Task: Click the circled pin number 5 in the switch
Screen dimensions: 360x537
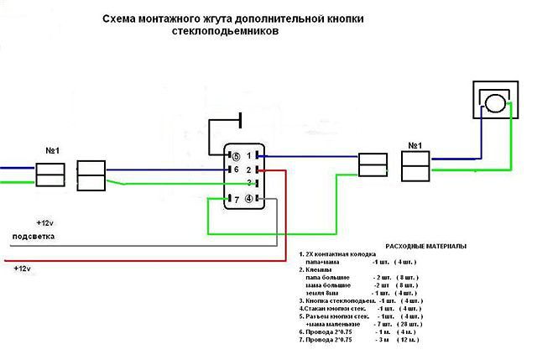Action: (x=236, y=156)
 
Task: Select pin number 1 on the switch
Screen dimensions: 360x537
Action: (x=249, y=156)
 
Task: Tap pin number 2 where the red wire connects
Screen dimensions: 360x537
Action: (x=249, y=170)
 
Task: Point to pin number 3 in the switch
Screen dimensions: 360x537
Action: (x=249, y=183)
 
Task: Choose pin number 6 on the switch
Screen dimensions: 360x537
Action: (x=236, y=170)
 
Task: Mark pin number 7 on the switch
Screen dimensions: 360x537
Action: (x=236, y=199)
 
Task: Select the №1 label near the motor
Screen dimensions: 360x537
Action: (x=414, y=145)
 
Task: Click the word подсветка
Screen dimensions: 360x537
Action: (x=31, y=237)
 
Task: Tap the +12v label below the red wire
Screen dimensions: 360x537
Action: (x=23, y=268)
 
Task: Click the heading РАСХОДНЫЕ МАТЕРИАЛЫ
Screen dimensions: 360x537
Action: (x=425, y=246)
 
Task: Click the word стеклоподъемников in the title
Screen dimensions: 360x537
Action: (x=221, y=30)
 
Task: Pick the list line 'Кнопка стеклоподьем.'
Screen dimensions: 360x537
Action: (x=336, y=300)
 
